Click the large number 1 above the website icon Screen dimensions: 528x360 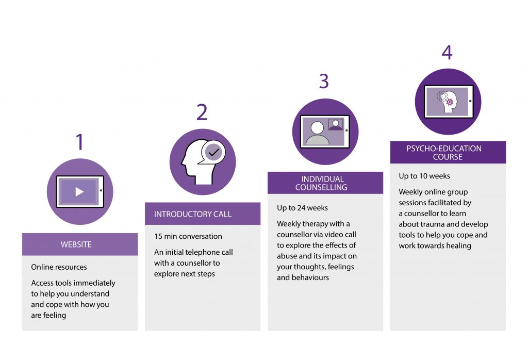tap(80, 142)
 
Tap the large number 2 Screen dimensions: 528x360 tap(202, 112)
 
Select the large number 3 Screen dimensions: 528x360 tap(324, 81)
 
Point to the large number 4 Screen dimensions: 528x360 tap(447, 53)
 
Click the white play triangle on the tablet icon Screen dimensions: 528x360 tap(79, 192)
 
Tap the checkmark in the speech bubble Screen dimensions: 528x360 tap(213, 153)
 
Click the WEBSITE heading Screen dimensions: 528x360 tap(76, 244)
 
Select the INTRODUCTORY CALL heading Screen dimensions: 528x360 tap(193, 214)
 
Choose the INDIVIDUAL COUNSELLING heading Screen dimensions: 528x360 tap(322, 183)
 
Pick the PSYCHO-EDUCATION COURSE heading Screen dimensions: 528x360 tap(444, 153)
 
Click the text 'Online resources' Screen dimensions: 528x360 tap(59, 267)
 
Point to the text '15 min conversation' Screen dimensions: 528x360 tap(188, 236)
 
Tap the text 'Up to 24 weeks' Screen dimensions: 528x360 tap(302, 208)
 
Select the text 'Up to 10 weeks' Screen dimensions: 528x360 tap(424, 176)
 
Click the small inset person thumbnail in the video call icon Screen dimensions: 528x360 tap(335, 125)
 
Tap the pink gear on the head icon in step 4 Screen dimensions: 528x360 tap(450, 102)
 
